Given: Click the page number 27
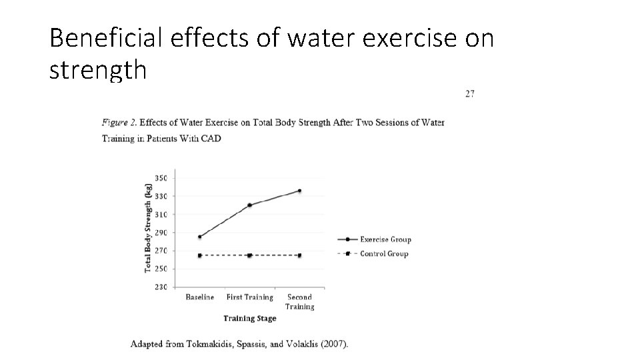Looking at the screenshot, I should pos(469,94).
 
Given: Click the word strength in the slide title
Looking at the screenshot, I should pos(97,69).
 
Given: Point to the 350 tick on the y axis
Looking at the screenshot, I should pos(161,178).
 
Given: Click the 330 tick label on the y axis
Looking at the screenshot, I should pos(161,197).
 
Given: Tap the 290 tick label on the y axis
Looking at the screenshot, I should pos(161,233).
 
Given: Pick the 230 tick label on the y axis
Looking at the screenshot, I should pos(161,287).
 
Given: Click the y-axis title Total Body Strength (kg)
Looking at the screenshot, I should pos(148,227).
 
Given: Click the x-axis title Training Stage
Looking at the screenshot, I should pos(249,319).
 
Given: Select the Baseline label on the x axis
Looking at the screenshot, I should pos(199,297).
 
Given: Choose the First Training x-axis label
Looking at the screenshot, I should pos(249,297).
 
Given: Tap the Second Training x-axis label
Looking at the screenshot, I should pos(299,302).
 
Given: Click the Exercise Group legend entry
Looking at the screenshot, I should pos(385,239).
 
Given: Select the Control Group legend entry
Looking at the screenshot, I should pos(384,253).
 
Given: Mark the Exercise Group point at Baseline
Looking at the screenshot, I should pos(199,237).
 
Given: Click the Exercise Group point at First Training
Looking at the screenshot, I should pos(249,205).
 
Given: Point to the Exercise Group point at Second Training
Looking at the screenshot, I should pos(299,191).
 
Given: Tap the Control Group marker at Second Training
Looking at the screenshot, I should pos(299,255).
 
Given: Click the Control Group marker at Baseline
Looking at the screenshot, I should pos(199,255).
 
